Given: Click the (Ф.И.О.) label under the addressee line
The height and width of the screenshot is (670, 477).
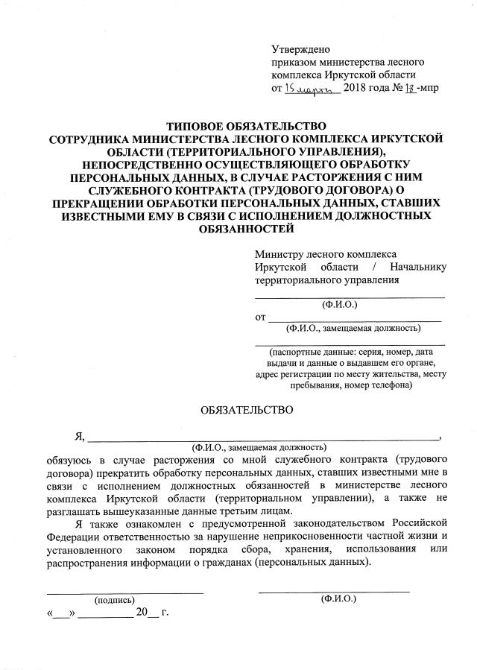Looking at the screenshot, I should pyautogui.click(x=340, y=305).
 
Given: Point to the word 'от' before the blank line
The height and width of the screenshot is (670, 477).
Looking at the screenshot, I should pyautogui.click(x=260, y=317).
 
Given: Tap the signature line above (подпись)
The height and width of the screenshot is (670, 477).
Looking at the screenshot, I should pyautogui.click(x=124, y=592).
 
